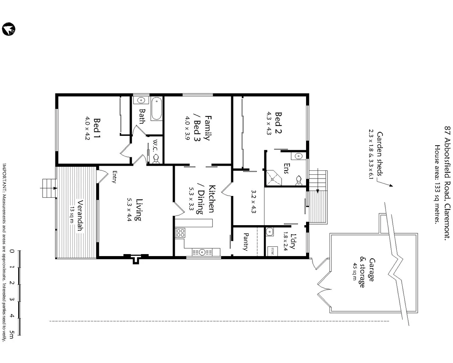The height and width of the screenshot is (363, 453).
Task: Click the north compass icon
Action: pyautogui.click(x=8, y=29)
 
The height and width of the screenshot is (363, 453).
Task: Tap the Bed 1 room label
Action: pyautogui.click(x=97, y=128)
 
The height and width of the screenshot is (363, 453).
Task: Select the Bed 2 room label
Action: pyautogui.click(x=278, y=123)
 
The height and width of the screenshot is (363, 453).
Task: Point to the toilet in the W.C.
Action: pyautogui.click(x=156, y=159)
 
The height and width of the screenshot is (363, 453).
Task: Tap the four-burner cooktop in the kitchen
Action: pyautogui.click(x=180, y=233)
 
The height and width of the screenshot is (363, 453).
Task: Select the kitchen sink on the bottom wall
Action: pyautogui.click(x=202, y=252)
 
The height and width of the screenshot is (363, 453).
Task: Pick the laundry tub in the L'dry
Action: pyautogui.click(x=269, y=232)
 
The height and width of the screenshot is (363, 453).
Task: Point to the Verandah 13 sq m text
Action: pyautogui.click(x=76, y=215)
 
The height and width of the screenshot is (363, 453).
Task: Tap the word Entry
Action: pyautogui.click(x=114, y=177)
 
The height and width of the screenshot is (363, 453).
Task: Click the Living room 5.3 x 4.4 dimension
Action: pyautogui.click(x=129, y=210)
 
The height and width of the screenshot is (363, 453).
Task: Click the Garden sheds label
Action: pyautogui.click(x=380, y=154)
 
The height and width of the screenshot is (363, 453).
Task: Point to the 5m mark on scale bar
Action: pyautogui.click(x=12, y=334)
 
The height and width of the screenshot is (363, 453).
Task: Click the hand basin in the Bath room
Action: pyautogui.click(x=141, y=100)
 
